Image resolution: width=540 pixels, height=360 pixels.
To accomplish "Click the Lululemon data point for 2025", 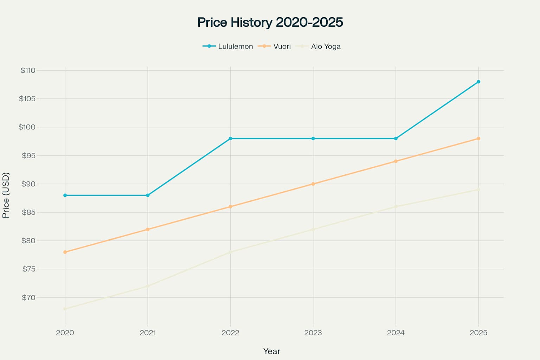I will click(x=478, y=82).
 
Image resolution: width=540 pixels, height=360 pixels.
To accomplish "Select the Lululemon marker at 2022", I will click(x=230, y=139).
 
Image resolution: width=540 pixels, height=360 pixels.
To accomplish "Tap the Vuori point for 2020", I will click(x=65, y=252).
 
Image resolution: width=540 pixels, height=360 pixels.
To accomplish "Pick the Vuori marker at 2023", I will click(x=313, y=184).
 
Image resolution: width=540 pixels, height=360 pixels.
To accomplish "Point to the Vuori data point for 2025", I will click(x=478, y=139).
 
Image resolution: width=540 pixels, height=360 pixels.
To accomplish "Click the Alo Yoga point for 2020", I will click(x=65, y=309).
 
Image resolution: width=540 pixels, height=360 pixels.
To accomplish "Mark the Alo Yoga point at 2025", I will click(x=478, y=189).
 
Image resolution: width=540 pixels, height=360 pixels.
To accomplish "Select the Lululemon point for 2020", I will click(x=65, y=195).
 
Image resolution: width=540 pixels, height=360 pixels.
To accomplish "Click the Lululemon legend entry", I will click(x=235, y=46).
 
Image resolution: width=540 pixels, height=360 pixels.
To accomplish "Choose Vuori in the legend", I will click(x=282, y=46).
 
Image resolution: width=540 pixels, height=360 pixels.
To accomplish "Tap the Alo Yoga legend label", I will click(x=326, y=46).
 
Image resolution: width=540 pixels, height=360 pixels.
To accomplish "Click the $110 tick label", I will click(x=28, y=70).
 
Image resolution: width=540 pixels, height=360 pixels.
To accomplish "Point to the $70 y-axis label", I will click(x=29, y=298).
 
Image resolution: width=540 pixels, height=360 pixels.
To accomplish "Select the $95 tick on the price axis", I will click(x=29, y=155).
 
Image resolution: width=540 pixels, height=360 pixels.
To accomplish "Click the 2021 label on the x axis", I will click(x=148, y=333).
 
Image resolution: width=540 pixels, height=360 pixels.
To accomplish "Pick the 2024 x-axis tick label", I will click(x=396, y=333).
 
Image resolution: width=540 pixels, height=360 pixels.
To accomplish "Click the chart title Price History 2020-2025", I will click(x=270, y=22).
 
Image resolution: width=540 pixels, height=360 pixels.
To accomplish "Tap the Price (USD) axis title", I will click(x=6, y=195).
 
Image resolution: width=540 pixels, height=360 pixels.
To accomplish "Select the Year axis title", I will click(x=271, y=351).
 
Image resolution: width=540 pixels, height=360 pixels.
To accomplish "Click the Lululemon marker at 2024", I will click(x=396, y=139).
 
